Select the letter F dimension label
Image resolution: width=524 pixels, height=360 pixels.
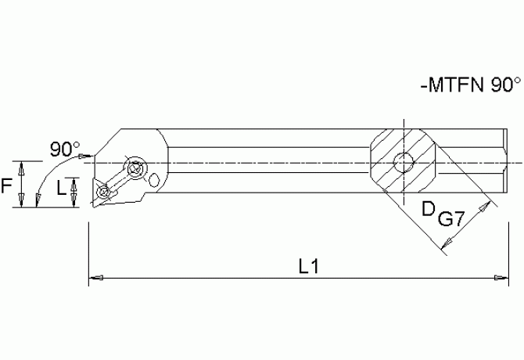[x=7, y=186]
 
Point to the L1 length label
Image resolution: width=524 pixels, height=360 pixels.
[x=308, y=266]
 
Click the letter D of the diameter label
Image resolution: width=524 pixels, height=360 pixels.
[x=428, y=209]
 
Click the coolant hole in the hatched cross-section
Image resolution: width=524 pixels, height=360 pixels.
[x=403, y=164]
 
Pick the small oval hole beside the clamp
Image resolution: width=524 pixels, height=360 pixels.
[x=156, y=181]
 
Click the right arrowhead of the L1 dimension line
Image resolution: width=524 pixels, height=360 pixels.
[x=501, y=276]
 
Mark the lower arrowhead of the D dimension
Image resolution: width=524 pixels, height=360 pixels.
[x=445, y=248]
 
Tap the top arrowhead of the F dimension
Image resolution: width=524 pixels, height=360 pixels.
[x=22, y=164]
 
